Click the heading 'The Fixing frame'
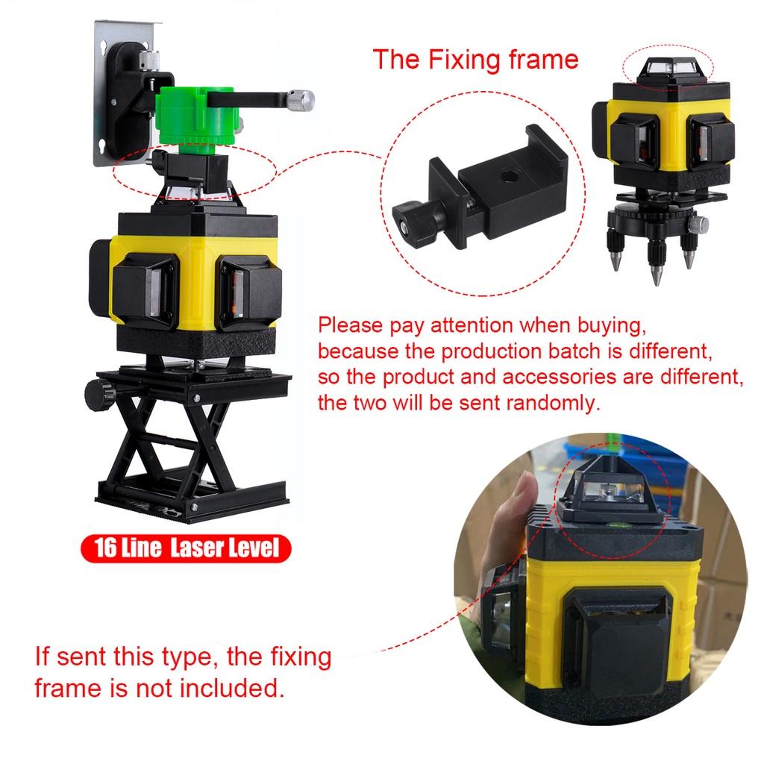[475, 59]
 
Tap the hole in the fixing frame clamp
[510, 177]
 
